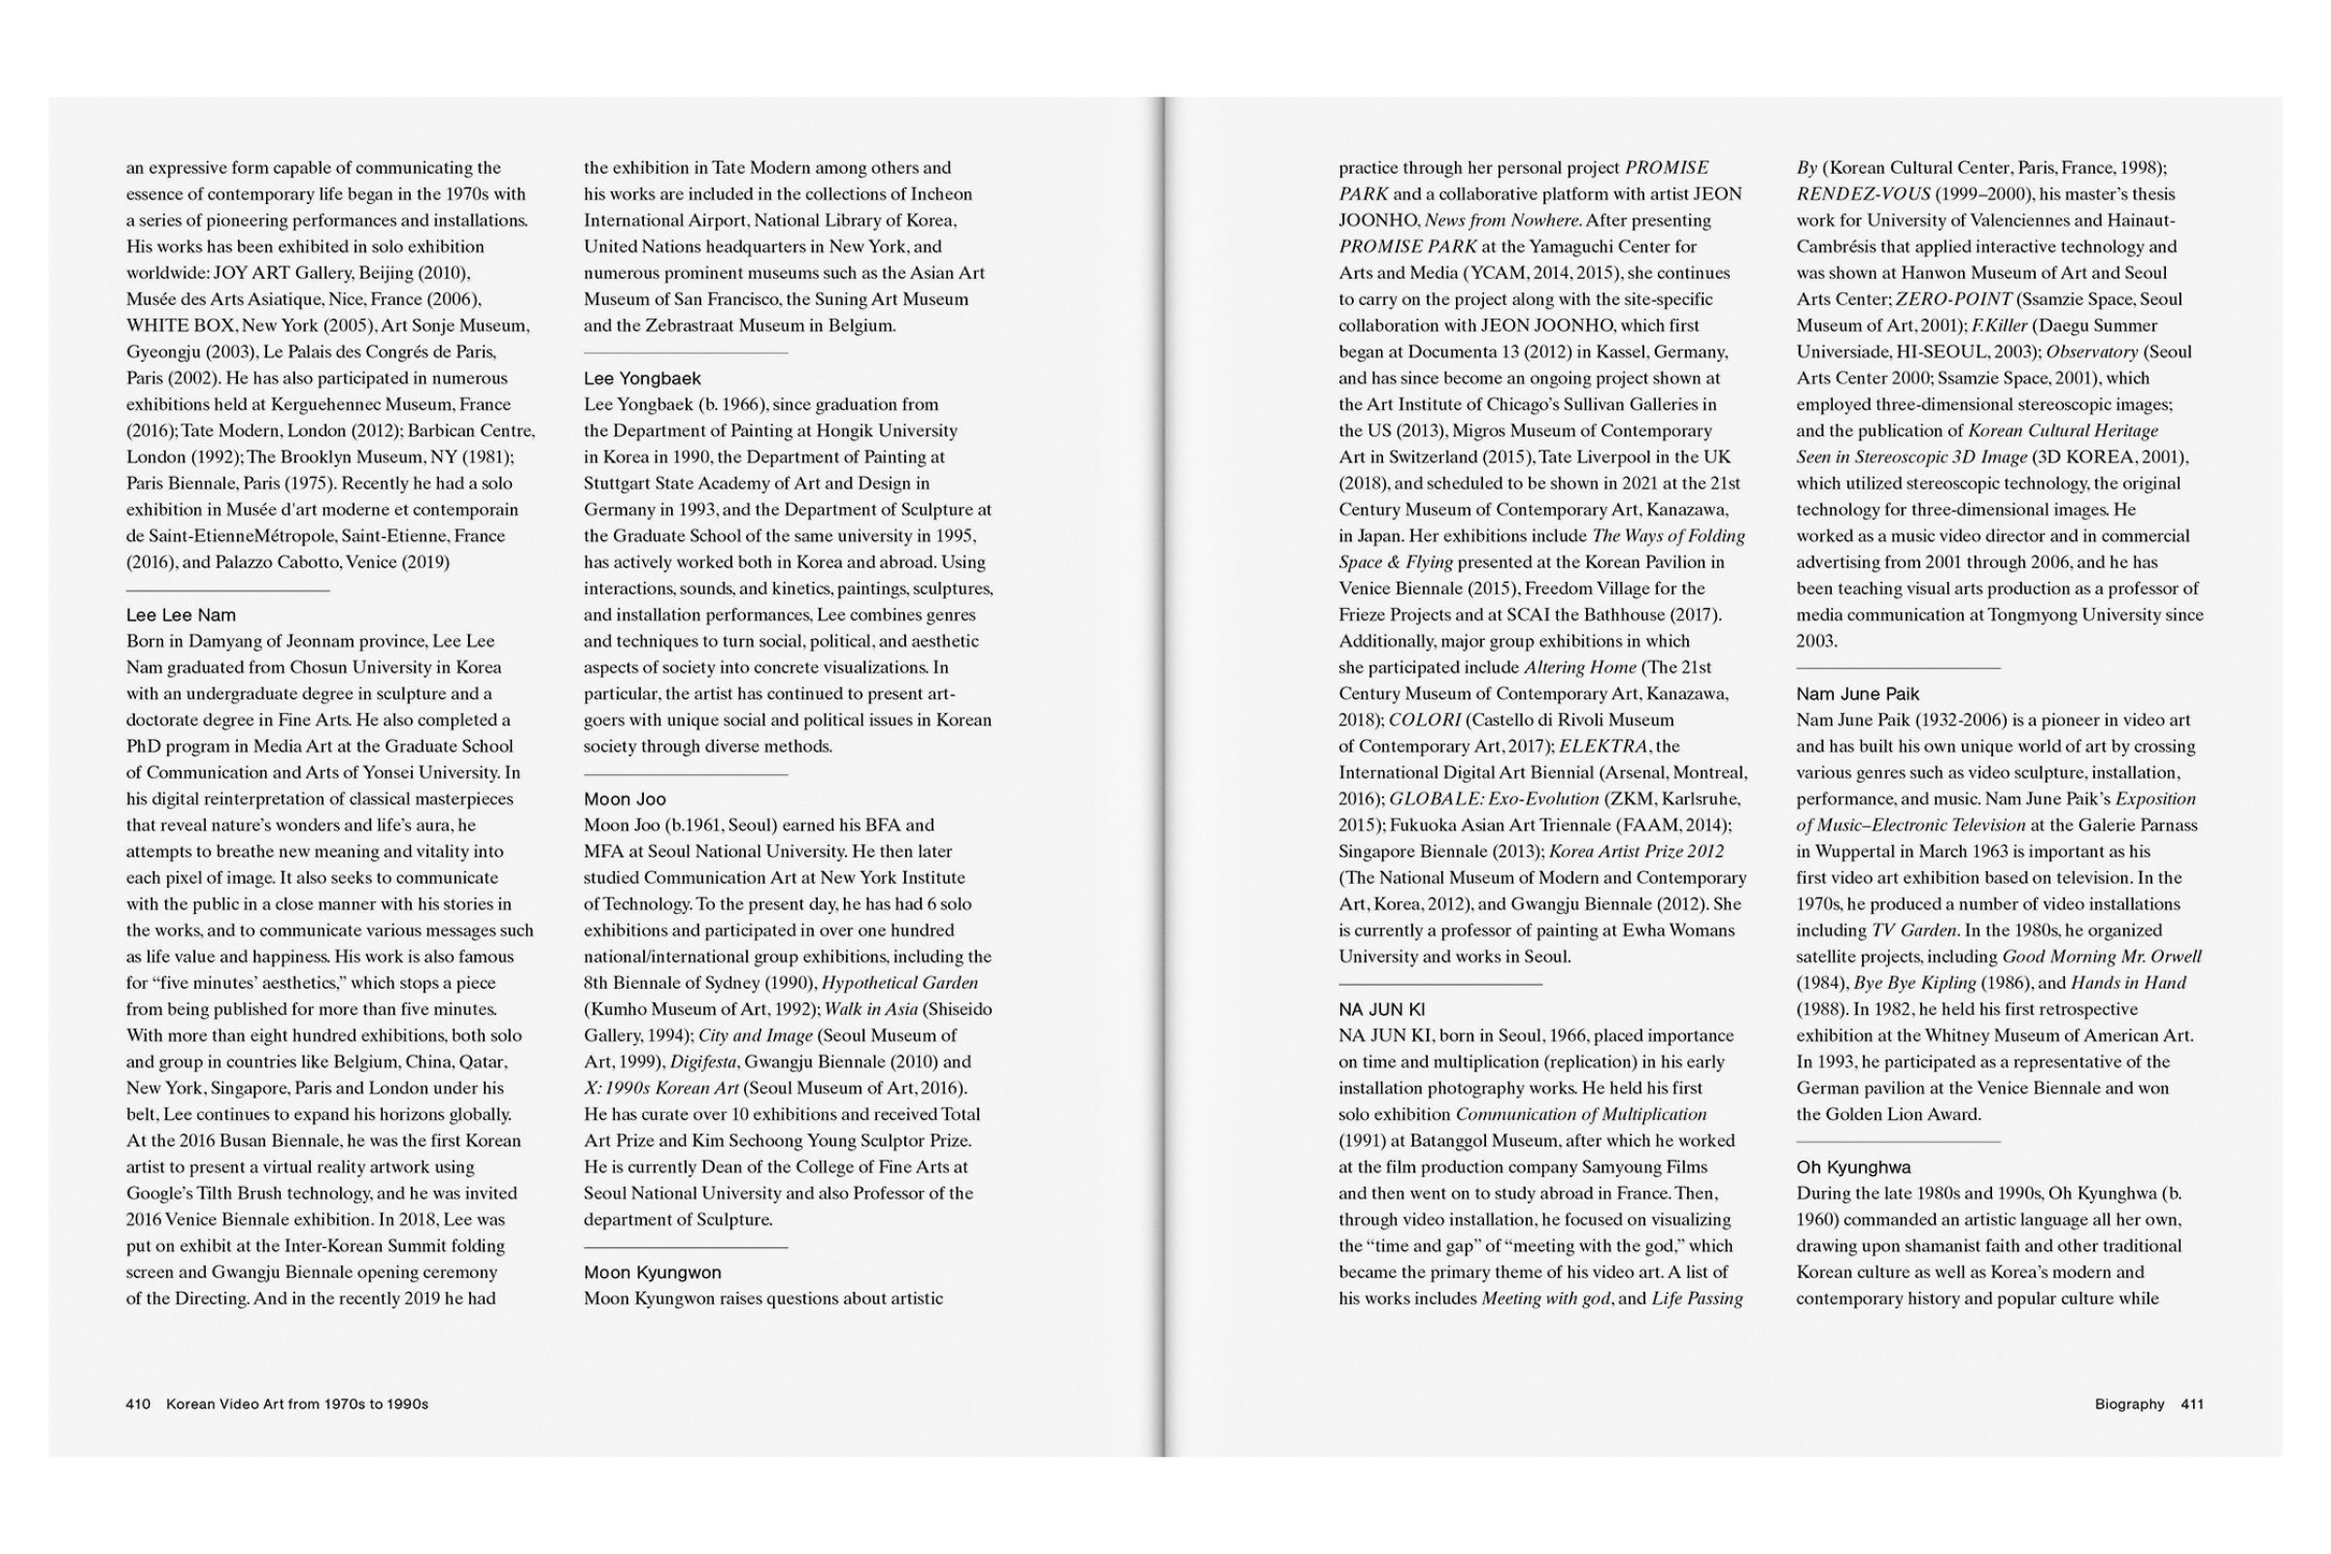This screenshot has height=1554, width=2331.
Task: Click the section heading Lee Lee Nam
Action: coord(181,616)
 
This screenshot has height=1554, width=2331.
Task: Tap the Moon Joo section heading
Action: coord(625,798)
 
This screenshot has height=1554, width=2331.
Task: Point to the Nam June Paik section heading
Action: coord(1857,693)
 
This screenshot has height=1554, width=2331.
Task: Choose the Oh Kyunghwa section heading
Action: coord(1853,1167)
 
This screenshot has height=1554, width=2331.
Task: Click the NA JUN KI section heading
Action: coord(1381,1010)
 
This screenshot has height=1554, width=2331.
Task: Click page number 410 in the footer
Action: coord(138,1404)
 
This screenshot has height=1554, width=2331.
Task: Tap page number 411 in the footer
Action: coord(2192,1404)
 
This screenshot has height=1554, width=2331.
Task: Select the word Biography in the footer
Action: coord(2129,1404)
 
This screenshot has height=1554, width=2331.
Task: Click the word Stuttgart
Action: coord(619,484)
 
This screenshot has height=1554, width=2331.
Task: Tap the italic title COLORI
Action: coord(1424,720)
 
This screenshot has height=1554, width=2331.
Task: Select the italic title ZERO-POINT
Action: coord(1953,299)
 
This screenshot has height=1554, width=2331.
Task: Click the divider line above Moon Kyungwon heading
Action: coord(685,1247)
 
